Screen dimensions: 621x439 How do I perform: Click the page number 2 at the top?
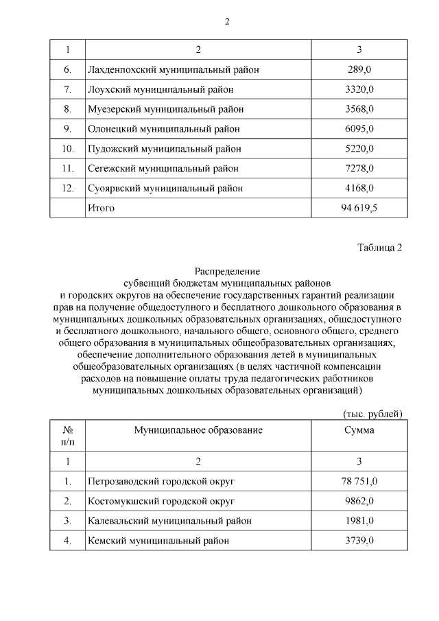point(226,21)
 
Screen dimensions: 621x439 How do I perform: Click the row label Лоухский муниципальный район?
point(161,89)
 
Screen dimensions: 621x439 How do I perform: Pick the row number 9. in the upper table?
point(67,128)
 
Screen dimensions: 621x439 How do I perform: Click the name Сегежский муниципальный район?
point(163,168)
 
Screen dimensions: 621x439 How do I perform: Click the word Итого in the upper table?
point(102,207)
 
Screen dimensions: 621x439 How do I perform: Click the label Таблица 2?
point(379,248)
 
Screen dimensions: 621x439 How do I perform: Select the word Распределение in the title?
point(226,272)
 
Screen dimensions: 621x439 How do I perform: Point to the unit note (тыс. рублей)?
point(372,413)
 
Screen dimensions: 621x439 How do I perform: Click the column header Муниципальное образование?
point(198,430)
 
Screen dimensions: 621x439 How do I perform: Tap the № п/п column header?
point(67,436)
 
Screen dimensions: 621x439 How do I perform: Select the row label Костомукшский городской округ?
point(161,501)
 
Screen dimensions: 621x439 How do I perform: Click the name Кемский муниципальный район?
point(158,541)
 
